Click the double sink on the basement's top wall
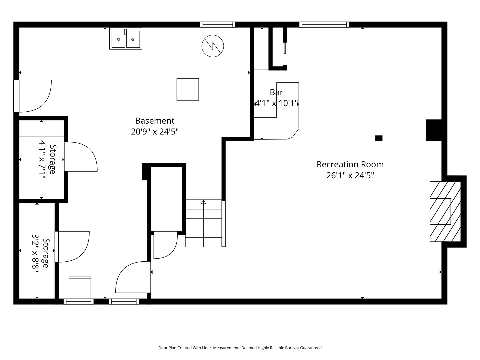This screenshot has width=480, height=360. pos(126,39)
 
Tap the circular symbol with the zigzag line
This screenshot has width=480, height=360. pos(213,46)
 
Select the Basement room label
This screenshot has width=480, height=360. pos(155,121)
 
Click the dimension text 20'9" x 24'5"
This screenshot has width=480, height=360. pos(155,132)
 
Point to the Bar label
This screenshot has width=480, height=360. pos(276,92)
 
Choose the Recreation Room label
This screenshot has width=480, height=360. pos(350,164)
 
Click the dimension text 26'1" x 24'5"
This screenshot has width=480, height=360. pos(350,175)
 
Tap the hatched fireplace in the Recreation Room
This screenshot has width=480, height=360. pos(445,211)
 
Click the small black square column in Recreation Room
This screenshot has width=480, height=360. pos(379,138)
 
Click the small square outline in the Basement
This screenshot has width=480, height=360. pos(188,89)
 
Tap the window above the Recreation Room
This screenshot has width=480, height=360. pos(324,24)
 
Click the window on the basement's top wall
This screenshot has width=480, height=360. pos(218,24)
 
